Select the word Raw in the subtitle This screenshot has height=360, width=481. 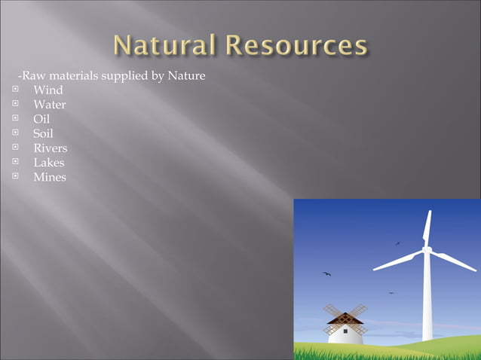click(x=32, y=76)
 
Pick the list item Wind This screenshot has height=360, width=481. click(x=48, y=90)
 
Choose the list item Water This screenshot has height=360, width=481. click(x=50, y=105)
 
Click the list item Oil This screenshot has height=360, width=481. click(x=41, y=119)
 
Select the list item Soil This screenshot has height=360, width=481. click(x=43, y=133)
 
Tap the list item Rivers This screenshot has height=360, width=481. click(x=50, y=148)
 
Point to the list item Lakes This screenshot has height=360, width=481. click(x=49, y=163)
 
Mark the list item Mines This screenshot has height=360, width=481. click(x=50, y=177)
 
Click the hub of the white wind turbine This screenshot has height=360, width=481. click(x=426, y=249)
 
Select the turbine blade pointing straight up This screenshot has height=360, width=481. click(x=427, y=228)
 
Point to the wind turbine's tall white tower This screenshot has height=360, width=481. click(x=427, y=301)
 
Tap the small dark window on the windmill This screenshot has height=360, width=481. click(x=345, y=330)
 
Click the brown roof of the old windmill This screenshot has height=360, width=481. click(x=345, y=319)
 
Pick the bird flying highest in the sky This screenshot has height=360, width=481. click(x=398, y=243)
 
